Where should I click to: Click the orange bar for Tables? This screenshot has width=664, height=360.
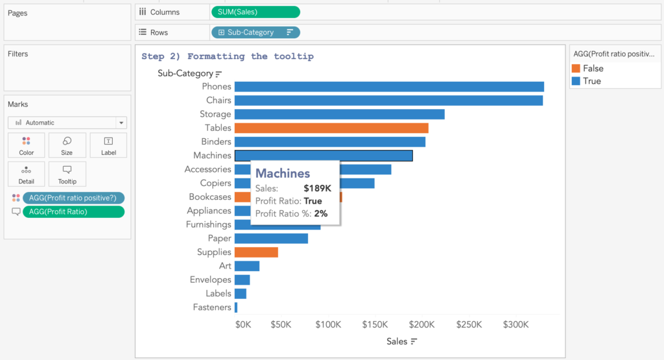pyautogui.click(x=331, y=128)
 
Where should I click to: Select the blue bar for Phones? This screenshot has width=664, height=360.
pyautogui.click(x=389, y=86)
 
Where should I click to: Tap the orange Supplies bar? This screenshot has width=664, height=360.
pyautogui.click(x=256, y=252)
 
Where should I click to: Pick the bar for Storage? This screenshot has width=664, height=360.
pyautogui.click(x=339, y=114)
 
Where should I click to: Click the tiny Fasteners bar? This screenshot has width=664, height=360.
pyautogui.click(x=236, y=307)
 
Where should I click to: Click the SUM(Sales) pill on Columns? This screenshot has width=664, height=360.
pyautogui.click(x=255, y=12)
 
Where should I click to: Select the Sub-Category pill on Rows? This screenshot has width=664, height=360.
pyautogui.click(x=255, y=32)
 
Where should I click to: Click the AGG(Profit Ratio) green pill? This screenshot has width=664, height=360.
pyautogui.click(x=73, y=211)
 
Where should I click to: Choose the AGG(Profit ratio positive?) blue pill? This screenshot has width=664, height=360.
pyautogui.click(x=73, y=198)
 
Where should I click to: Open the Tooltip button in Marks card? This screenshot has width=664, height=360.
pyautogui.click(x=67, y=174)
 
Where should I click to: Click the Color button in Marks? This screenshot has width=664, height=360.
pyautogui.click(x=26, y=145)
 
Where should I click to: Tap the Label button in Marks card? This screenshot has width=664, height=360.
pyautogui.click(x=108, y=145)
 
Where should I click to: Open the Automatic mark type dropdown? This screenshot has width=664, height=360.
pyautogui.click(x=67, y=123)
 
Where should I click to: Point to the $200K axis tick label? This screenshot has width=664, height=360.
pyautogui.click(x=422, y=324)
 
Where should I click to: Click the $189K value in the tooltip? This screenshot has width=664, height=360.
pyautogui.click(x=317, y=188)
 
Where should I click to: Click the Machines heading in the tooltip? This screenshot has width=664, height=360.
pyautogui.click(x=282, y=173)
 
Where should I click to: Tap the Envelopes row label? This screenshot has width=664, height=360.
pyautogui.click(x=210, y=280)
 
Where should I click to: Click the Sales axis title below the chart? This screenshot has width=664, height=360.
pyautogui.click(x=397, y=341)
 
